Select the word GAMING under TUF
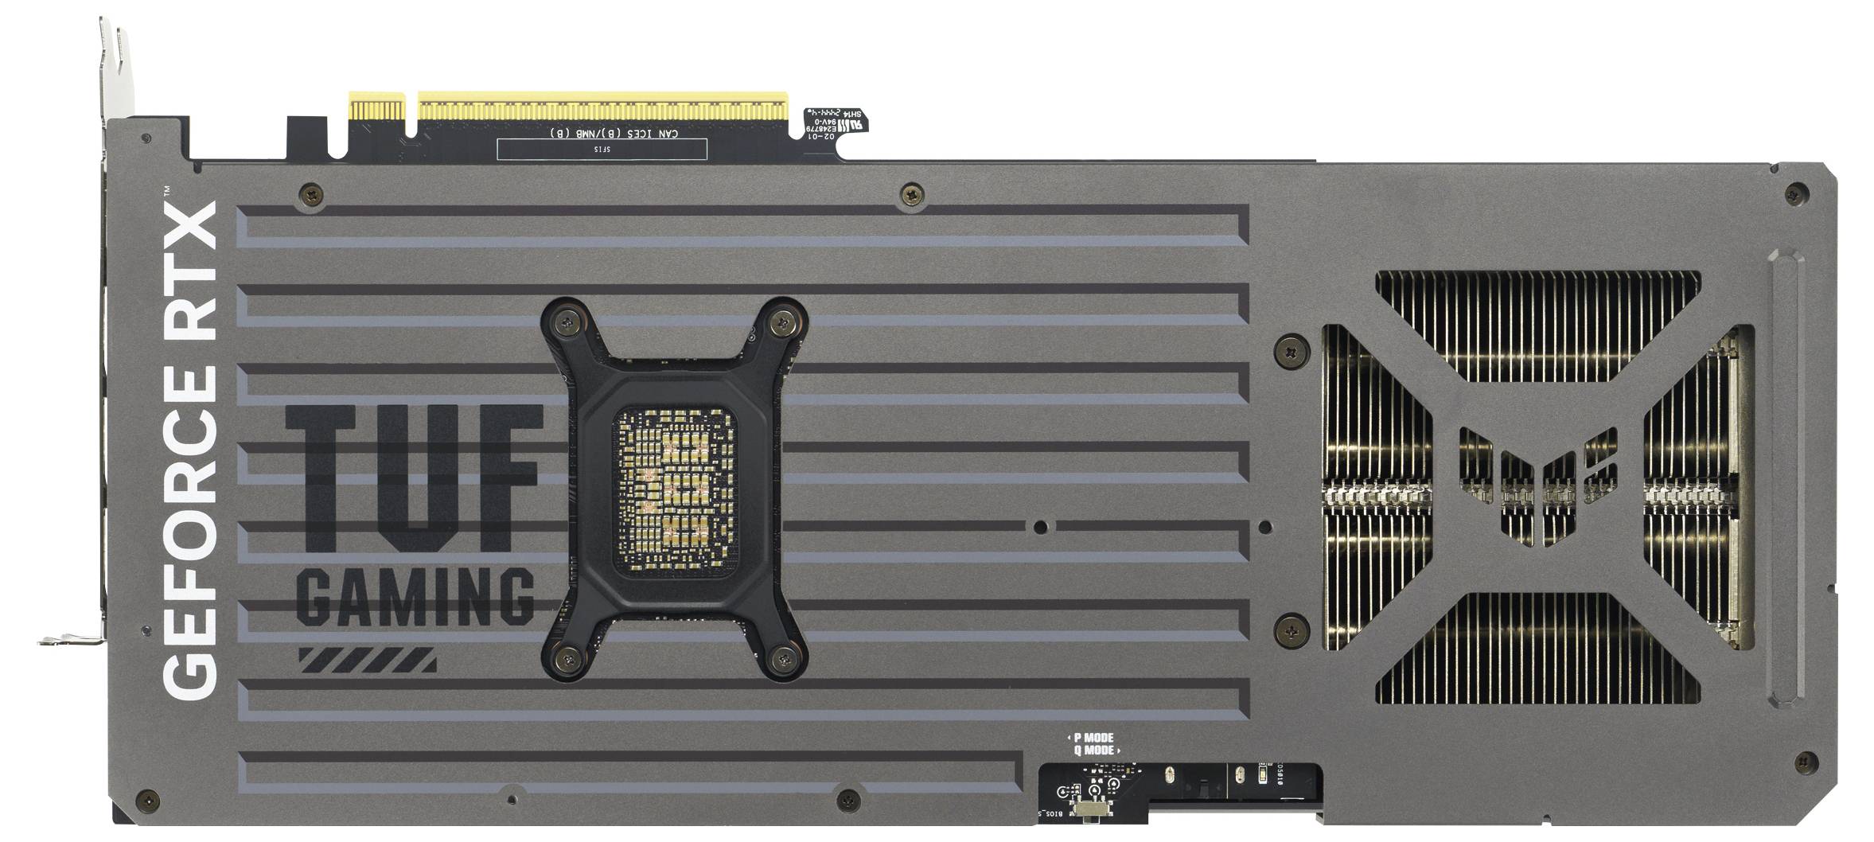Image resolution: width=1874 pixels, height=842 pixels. pyautogui.click(x=415, y=595)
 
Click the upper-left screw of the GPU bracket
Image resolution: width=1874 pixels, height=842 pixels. pyautogui.click(x=567, y=322)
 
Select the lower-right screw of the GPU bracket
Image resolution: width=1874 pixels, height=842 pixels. pyautogui.click(x=782, y=657)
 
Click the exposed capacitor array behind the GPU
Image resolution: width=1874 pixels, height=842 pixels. pyautogui.click(x=675, y=493)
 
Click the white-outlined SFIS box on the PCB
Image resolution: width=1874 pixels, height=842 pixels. pyautogui.click(x=602, y=149)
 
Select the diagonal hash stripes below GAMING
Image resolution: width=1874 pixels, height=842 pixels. pyautogui.click(x=367, y=660)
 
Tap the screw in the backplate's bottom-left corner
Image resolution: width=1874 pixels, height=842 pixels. pyautogui.click(x=146, y=798)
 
